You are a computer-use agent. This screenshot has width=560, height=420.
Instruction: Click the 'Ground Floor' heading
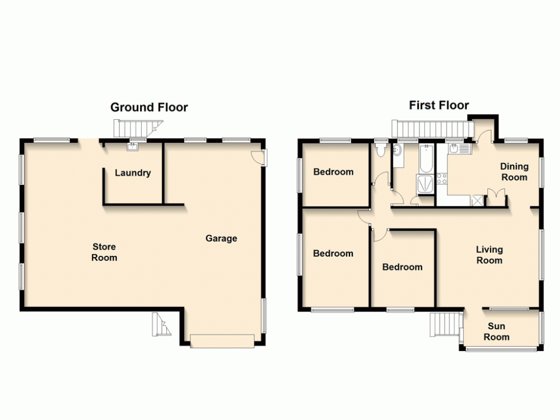click(x=149, y=107)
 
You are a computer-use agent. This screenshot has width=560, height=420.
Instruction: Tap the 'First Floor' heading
click(x=438, y=105)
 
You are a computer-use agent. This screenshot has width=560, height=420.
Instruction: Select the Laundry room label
click(x=133, y=173)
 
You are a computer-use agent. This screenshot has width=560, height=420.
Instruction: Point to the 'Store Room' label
click(x=105, y=252)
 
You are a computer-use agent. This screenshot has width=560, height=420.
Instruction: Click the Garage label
click(x=221, y=239)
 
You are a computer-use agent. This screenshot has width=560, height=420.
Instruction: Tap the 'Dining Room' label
click(x=514, y=171)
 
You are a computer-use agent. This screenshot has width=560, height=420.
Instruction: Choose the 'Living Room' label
click(x=489, y=255)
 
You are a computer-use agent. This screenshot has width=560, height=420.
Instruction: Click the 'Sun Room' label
click(x=496, y=332)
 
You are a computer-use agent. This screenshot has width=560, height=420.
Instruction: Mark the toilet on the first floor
click(x=381, y=149)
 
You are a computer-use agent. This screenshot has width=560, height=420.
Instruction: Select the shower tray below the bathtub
click(x=424, y=183)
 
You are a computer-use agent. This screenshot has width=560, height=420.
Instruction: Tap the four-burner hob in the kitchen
click(x=441, y=179)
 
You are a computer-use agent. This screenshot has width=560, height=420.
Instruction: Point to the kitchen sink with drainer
click(x=459, y=149)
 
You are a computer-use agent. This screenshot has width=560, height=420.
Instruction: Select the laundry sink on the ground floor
click(x=132, y=147)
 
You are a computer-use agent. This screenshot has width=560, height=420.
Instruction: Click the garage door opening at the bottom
click(x=222, y=340)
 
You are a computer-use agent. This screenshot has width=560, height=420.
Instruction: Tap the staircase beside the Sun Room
click(x=445, y=323)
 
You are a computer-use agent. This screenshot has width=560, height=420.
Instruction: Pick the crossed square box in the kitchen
click(x=478, y=199)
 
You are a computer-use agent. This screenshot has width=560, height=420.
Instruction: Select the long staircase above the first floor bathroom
click(x=429, y=129)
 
